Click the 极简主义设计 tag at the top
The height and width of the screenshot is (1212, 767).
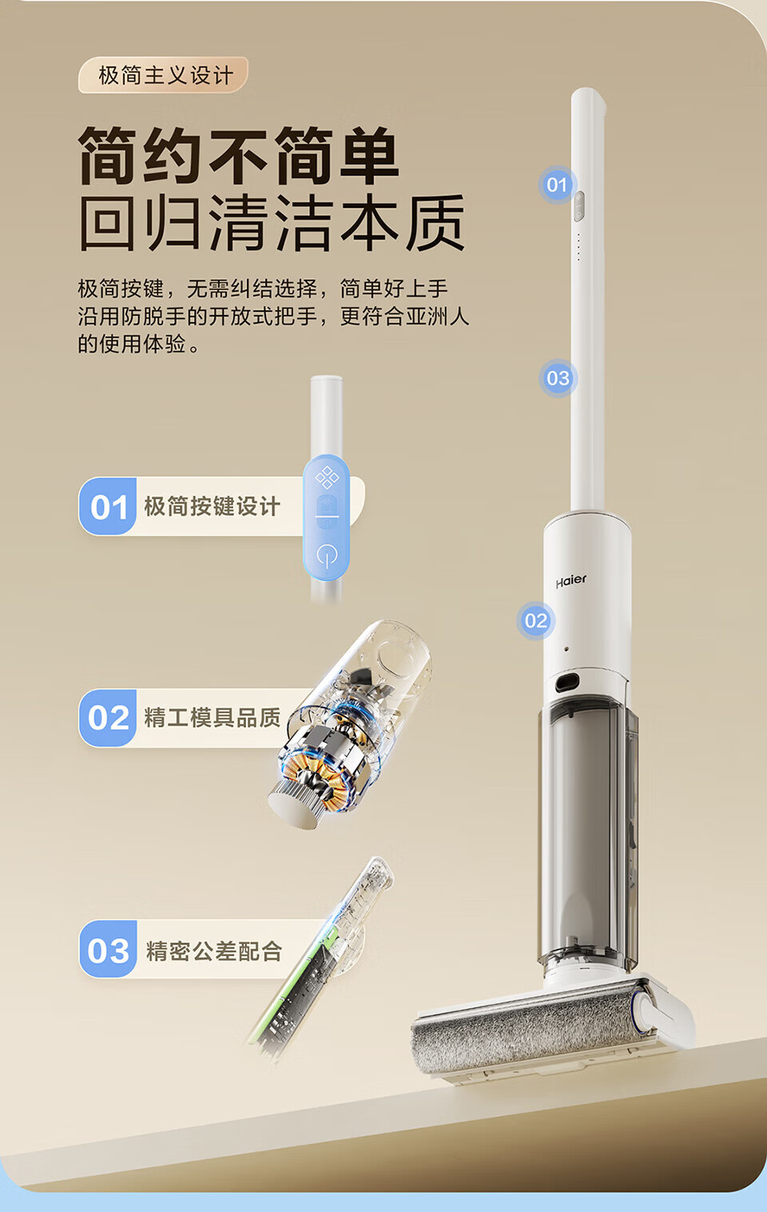[x=163, y=75]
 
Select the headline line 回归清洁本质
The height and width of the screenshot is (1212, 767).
[x=272, y=223]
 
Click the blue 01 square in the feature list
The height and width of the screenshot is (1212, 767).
[x=108, y=506]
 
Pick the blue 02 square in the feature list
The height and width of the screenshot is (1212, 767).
[x=108, y=717]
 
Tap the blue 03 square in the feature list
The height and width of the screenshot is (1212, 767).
[x=108, y=951]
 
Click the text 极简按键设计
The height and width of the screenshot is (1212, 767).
[x=212, y=506]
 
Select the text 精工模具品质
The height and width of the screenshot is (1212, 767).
[x=212, y=717]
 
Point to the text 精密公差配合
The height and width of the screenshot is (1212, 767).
[x=213, y=951]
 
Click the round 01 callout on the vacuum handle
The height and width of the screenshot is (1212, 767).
[x=557, y=185]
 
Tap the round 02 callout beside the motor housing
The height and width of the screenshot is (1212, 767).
[x=535, y=620]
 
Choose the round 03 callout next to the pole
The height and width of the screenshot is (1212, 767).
[x=558, y=377]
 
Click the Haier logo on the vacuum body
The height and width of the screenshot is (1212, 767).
[x=570, y=581]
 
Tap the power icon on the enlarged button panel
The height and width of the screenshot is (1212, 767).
[x=327, y=555]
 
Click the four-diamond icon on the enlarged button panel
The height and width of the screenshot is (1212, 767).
[x=327, y=476]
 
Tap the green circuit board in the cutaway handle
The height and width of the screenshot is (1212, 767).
[x=297, y=979]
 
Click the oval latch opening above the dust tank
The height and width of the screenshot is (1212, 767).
[x=567, y=683]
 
